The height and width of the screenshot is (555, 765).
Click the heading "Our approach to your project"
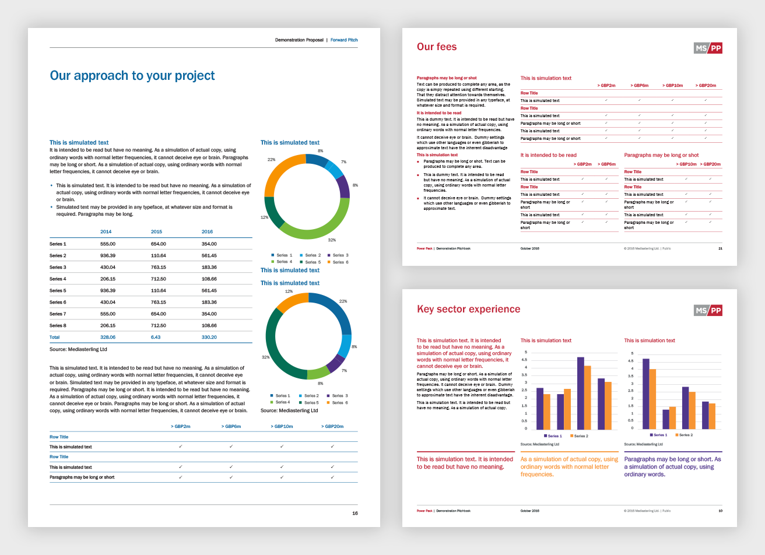132,76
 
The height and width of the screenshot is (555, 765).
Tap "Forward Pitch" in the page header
344,40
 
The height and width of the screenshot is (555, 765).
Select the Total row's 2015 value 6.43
156,337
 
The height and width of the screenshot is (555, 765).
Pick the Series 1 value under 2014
108,244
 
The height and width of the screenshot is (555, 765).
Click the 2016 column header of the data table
207,231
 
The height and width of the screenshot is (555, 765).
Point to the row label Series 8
58,325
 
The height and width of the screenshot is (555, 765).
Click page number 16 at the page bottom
355,513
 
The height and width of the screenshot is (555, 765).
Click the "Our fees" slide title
437,47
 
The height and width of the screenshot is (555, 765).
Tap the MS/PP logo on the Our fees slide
708,48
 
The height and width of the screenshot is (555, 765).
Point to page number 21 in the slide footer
720,248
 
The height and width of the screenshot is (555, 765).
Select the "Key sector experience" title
468,310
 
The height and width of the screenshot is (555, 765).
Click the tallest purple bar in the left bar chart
581,393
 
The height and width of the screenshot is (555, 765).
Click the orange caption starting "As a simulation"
569,466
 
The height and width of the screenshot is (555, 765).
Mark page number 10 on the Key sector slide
720,511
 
